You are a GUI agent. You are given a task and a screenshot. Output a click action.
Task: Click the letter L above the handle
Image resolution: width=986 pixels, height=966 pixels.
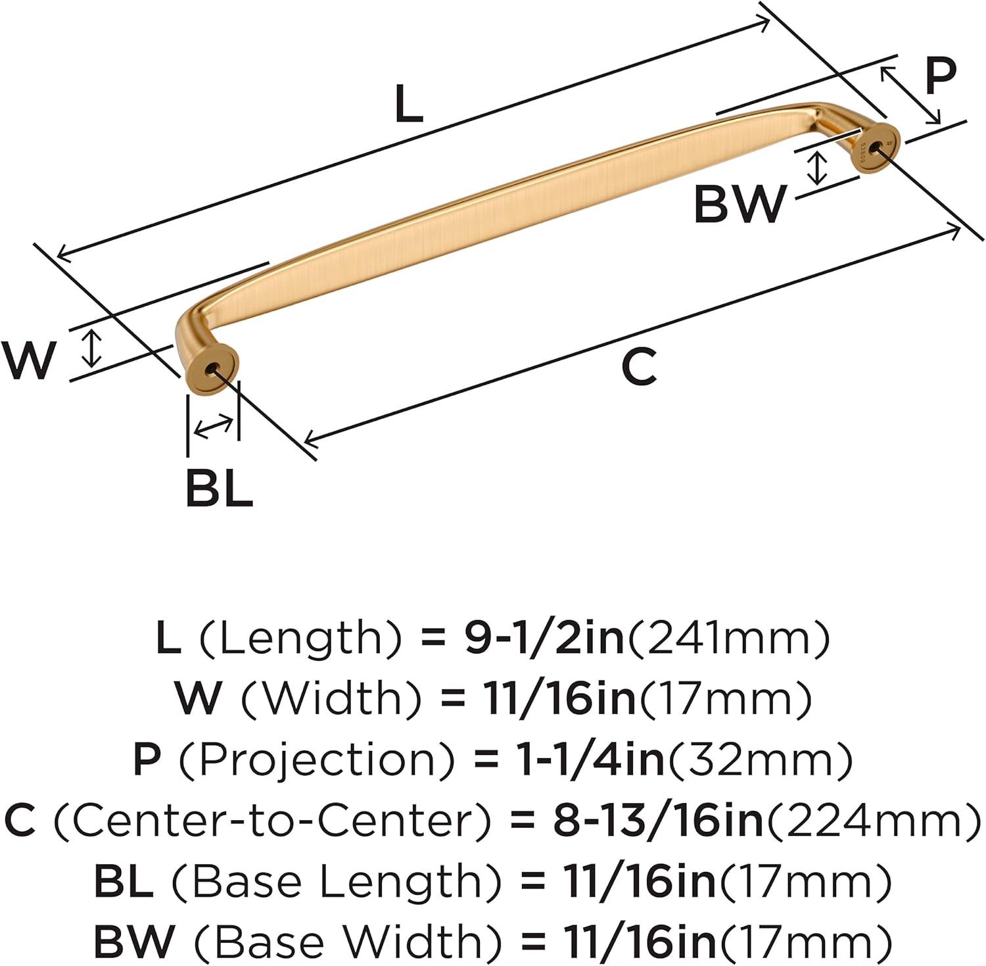click(x=409, y=105)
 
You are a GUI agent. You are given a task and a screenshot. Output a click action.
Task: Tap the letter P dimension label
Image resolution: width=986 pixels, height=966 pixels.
click(x=940, y=76)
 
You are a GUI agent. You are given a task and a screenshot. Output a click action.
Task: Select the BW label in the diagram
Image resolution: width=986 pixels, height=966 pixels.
click(x=739, y=204)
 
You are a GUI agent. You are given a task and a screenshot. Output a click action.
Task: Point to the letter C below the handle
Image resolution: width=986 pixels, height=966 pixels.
click(x=639, y=368)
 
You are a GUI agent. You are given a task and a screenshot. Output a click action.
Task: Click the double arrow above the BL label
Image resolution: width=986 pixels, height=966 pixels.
click(x=214, y=426)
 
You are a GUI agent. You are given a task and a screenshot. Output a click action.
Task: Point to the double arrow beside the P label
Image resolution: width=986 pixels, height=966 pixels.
click(x=910, y=93)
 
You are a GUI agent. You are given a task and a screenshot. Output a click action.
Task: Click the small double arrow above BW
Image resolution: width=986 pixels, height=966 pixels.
click(x=817, y=167)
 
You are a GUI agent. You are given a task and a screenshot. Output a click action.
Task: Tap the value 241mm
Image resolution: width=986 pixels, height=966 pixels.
click(x=729, y=639)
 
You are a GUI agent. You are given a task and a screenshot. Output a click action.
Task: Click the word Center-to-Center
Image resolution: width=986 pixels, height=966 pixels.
click(x=271, y=821)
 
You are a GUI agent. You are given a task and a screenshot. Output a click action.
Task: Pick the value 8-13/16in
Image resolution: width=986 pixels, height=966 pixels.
click(x=659, y=821)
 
